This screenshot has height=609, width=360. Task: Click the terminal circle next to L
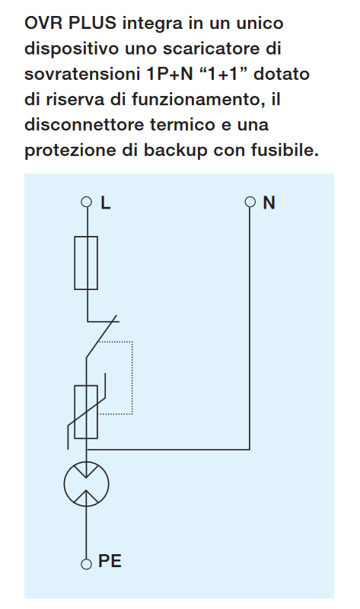point(86,202)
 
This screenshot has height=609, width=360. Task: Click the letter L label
point(105,202)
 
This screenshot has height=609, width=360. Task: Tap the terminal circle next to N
point(250,202)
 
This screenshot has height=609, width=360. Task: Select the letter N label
point(269,202)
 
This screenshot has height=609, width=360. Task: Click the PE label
point(110,561)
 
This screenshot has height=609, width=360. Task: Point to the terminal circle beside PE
point(86,564)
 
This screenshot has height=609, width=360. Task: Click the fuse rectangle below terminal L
point(86,263)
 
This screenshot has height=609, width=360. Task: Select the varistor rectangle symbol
point(86,412)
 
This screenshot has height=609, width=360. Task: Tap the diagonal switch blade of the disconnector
point(101,336)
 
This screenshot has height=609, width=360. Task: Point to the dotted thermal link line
point(132,378)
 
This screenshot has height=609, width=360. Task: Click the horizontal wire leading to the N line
point(167,449)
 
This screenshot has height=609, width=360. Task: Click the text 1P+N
point(169,74)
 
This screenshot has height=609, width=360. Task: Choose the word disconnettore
point(84,124)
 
